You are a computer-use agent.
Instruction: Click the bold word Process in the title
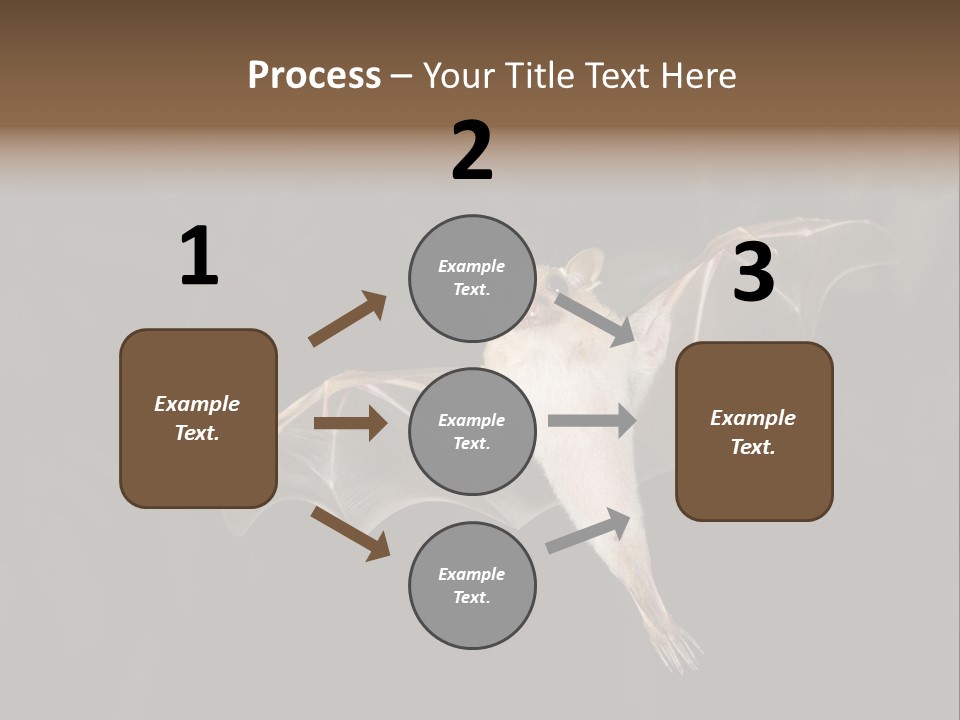tap(314, 75)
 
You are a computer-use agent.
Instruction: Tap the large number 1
tap(199, 257)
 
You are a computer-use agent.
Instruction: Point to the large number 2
tap(472, 151)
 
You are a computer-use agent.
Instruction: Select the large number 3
tap(753, 274)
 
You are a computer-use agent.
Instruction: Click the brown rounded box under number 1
tap(198, 418)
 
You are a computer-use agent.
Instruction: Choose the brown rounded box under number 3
tap(754, 431)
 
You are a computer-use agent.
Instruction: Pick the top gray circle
tap(472, 278)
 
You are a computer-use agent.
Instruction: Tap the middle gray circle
tap(472, 431)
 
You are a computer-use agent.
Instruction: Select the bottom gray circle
tap(472, 585)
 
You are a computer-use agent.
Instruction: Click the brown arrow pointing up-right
tap(347, 319)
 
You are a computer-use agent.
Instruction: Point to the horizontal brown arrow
tap(350, 423)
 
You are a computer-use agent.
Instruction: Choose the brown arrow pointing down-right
tap(350, 533)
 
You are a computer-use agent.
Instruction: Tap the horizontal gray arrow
tap(592, 421)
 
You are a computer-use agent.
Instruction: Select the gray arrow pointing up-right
tap(589, 530)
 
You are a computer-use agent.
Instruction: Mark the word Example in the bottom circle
tap(472, 574)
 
